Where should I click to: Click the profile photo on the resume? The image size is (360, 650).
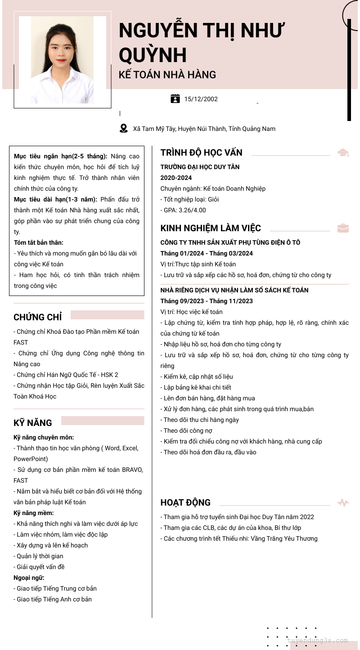coord(63,60)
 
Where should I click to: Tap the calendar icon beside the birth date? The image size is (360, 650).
coord(175,99)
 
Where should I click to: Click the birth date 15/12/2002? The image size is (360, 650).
coord(201,99)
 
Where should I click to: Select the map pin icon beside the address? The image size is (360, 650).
coord(124,129)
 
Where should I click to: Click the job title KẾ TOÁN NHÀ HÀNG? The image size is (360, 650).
coord(167,75)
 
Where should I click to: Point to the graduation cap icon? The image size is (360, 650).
coord(343,153)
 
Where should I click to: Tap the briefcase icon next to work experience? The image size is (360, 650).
coord(343,228)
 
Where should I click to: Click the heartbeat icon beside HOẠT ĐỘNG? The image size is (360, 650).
coord(343,502)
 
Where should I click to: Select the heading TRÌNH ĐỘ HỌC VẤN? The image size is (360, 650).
coord(201,153)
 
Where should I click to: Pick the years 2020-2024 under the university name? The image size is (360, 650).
coord(176,178)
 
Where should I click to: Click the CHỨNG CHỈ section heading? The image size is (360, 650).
coord(37,317)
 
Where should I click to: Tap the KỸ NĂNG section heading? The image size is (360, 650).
coord(33,423)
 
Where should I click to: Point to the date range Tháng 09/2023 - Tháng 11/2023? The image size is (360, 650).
coord(207,301)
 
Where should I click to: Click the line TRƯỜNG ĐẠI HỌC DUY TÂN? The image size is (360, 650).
coord(200,167)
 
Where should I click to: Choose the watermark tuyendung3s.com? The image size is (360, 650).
coord(317,641)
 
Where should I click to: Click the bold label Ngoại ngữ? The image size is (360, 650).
coord(29,578)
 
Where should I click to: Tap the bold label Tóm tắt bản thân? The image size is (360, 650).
coord(39,242)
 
